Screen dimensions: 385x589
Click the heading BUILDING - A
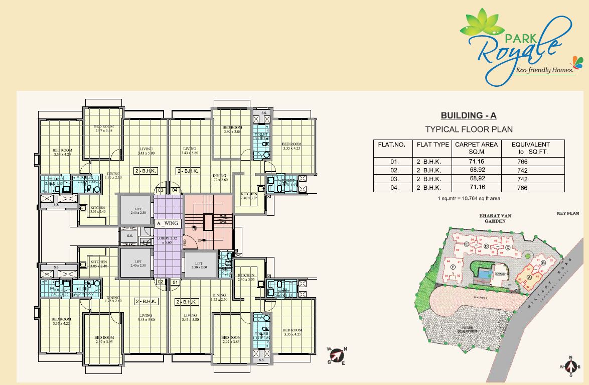click(x=469, y=116)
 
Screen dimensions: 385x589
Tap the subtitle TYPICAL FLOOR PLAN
click(x=469, y=130)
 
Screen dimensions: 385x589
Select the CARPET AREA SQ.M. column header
click(x=476, y=148)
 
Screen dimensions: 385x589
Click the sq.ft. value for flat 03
click(x=522, y=179)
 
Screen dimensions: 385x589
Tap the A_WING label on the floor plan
click(x=167, y=223)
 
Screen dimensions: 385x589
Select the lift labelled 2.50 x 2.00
click(x=199, y=265)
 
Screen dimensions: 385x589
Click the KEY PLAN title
click(x=567, y=214)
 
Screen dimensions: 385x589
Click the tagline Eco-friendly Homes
click(x=545, y=71)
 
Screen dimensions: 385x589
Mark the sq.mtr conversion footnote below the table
click(x=469, y=199)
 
